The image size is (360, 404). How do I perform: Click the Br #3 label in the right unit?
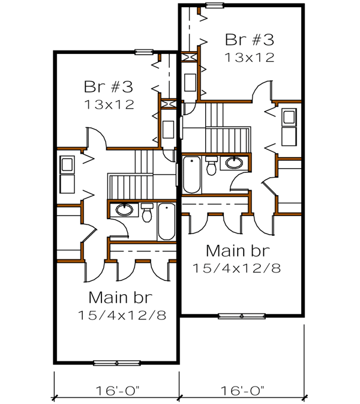250,40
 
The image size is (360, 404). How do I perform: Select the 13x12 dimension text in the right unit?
250,58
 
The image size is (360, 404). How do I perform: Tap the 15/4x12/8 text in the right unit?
236,267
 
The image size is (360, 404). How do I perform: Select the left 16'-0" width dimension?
117,390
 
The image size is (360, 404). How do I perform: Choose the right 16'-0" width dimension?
242,390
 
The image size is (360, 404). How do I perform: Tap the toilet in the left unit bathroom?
147,214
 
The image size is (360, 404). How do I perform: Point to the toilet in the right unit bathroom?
211,166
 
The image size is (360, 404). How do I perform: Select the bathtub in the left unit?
166,222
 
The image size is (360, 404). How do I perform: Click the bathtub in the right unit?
191,175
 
